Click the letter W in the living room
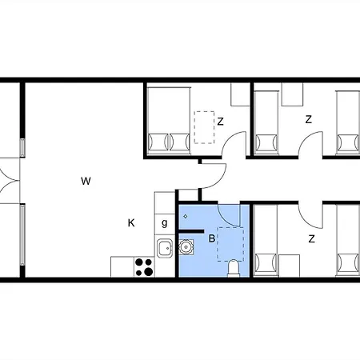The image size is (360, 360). click(x=86, y=182)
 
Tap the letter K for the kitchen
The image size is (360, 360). click(x=131, y=223)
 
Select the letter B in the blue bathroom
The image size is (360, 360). click(x=211, y=238)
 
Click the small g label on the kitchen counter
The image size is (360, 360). click(x=165, y=223)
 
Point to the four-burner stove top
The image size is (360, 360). click(x=144, y=267)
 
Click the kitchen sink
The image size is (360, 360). click(x=165, y=248)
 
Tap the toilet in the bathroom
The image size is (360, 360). click(x=233, y=268)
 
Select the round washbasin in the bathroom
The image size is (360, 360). click(x=185, y=246)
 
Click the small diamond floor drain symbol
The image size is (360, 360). click(x=186, y=217)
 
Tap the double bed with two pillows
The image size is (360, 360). click(x=169, y=121)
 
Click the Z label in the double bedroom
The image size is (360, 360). click(x=220, y=122)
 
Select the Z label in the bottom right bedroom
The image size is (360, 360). click(x=311, y=238)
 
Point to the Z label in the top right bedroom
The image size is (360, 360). click(x=309, y=119)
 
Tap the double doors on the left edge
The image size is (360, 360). click(x=10, y=181)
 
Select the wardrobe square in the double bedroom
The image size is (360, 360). click(x=240, y=94)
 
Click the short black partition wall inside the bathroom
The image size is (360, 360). click(x=191, y=231)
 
